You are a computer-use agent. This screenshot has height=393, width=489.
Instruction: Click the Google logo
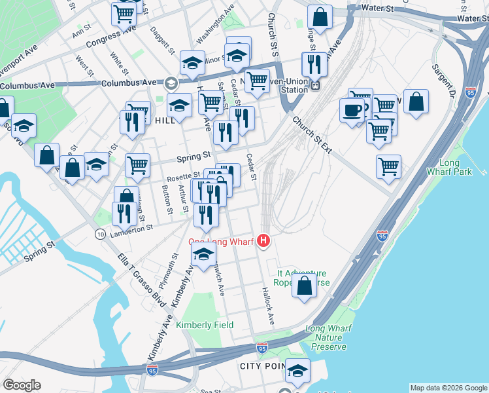pyautogui.click(x=22, y=385)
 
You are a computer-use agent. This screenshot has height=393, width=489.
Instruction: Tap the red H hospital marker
pyautogui.click(x=263, y=242)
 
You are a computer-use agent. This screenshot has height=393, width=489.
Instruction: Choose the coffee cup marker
pyautogui.click(x=352, y=109)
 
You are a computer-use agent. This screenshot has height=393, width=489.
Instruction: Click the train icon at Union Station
pyautogui.click(x=315, y=84)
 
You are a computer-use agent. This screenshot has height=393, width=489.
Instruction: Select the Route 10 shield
pyautogui.click(x=100, y=234)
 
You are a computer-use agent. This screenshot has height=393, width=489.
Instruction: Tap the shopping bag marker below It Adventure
pyautogui.click(x=304, y=286)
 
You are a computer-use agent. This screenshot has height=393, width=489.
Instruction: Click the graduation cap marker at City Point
pyautogui.click(x=297, y=371)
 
